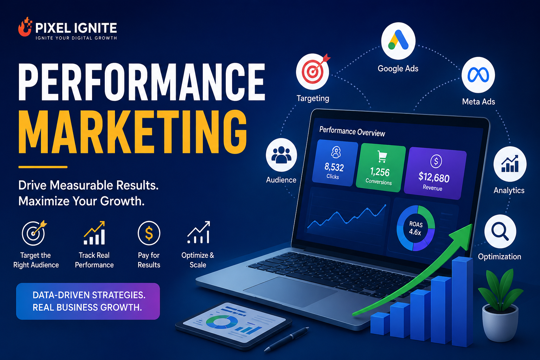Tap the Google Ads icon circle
(x=398, y=41)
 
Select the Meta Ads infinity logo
(x=478, y=75)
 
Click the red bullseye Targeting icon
(x=313, y=71)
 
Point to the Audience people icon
(x=281, y=155)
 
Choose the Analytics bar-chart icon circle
(x=510, y=164)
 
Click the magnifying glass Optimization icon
(x=500, y=231)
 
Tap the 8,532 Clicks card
(x=335, y=163)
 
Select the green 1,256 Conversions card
(x=380, y=168)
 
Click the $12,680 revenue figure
(x=434, y=177)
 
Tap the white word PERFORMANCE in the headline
(x=142, y=82)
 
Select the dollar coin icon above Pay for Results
(x=149, y=233)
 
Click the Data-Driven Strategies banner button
(x=88, y=301)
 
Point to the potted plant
(x=500, y=305)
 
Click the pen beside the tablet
(x=287, y=339)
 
